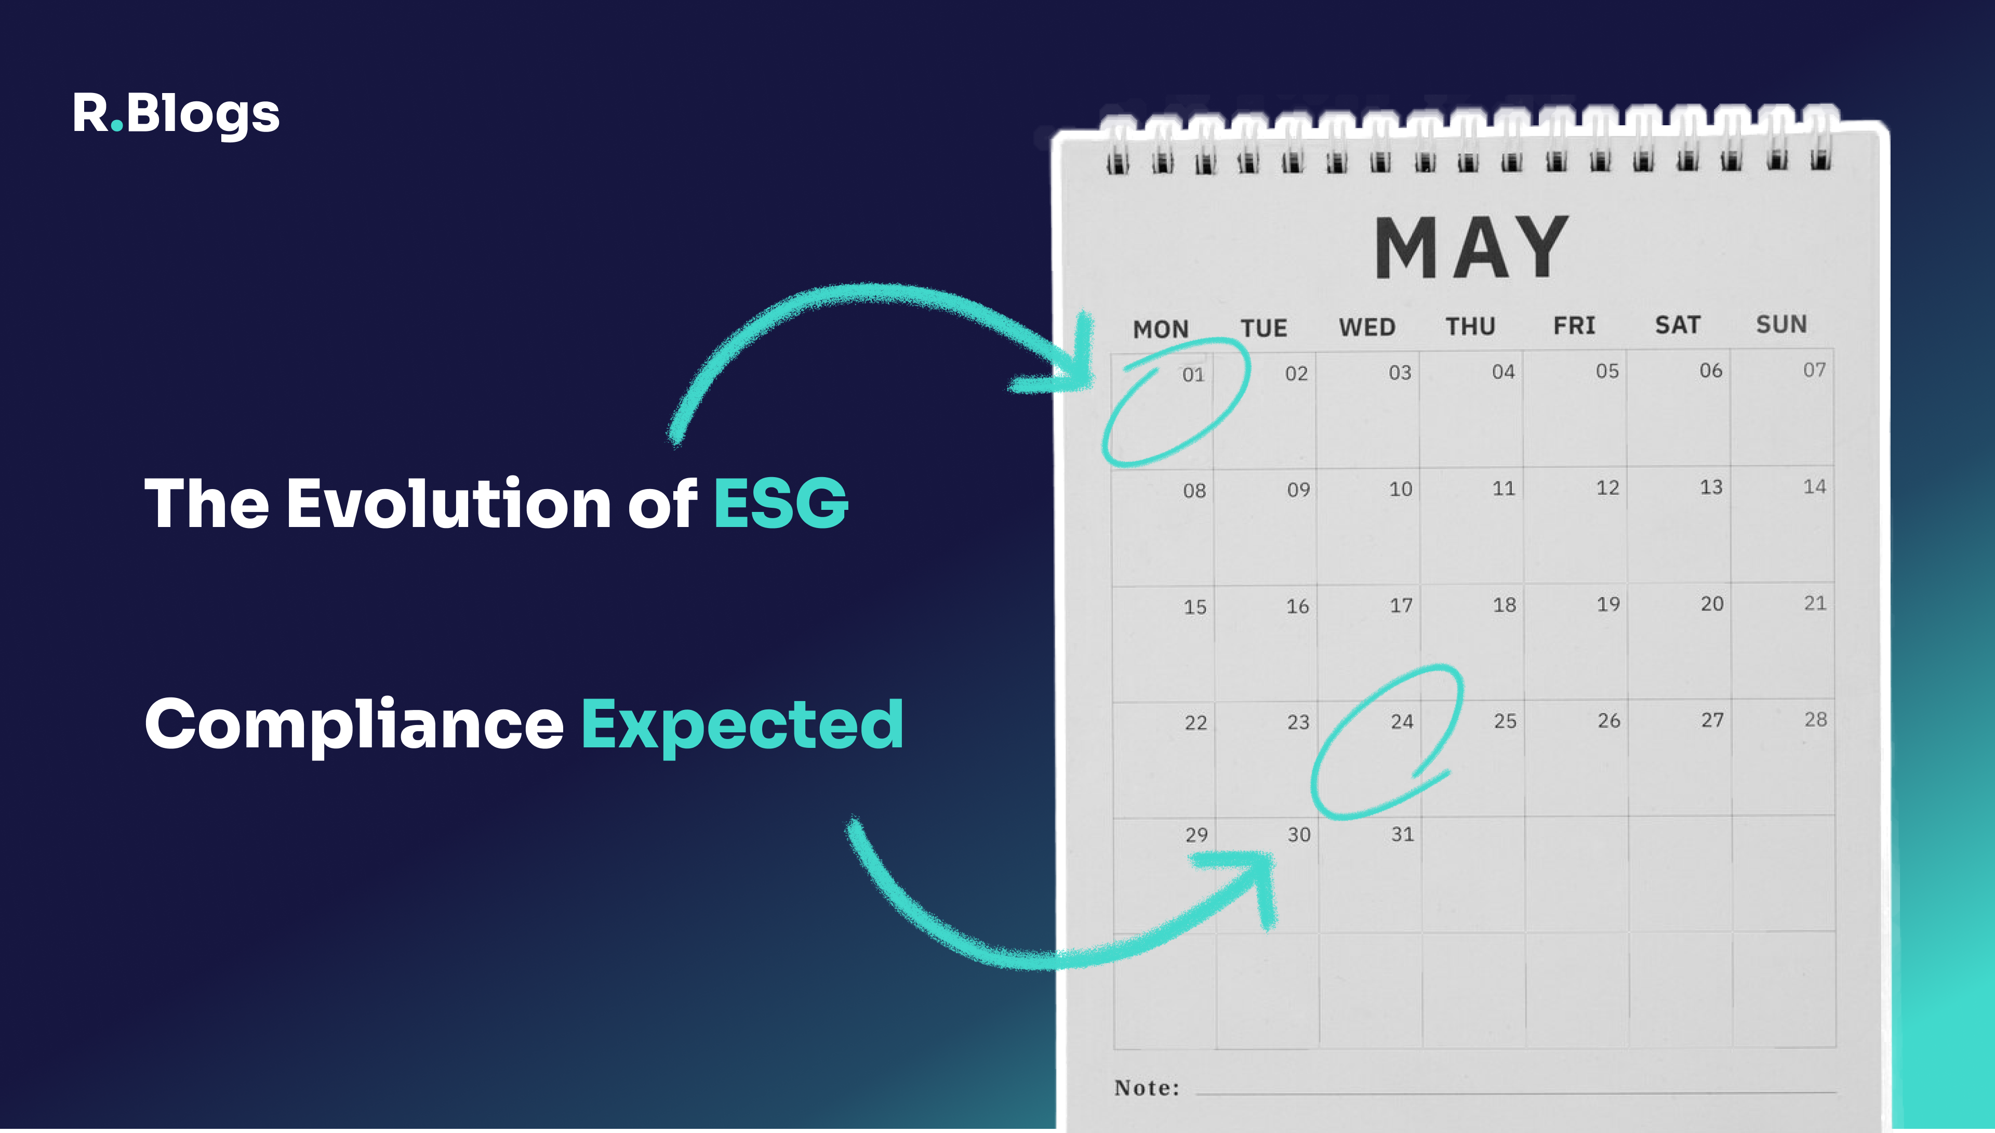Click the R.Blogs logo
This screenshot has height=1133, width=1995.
point(176,114)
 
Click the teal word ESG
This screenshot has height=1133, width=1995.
point(781,504)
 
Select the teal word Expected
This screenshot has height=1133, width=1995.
point(743,725)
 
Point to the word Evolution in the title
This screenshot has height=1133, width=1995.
point(449,504)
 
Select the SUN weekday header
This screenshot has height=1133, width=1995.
point(1781,324)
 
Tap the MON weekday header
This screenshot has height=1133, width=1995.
point(1161,329)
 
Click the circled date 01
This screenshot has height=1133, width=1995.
point(1193,375)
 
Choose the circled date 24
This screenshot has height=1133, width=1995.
point(1402,722)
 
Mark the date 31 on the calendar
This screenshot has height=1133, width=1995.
point(1402,834)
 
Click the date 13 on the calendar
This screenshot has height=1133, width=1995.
point(1710,487)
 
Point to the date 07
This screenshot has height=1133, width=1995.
point(1815,370)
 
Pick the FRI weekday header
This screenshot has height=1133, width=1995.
point(1574,325)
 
